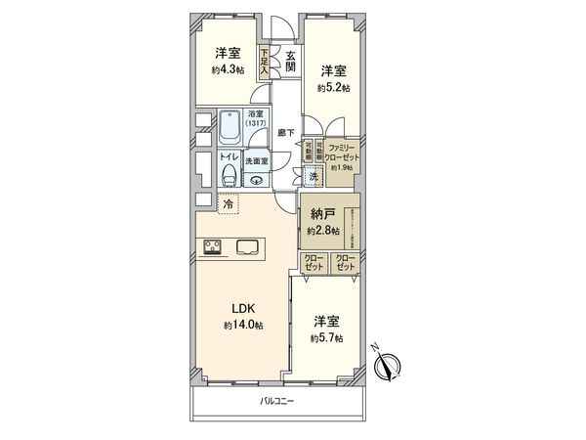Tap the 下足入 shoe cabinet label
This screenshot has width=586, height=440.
pos(264,65)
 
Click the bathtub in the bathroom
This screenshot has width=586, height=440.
pos(230,127)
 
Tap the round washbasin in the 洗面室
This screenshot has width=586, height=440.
pos(256,178)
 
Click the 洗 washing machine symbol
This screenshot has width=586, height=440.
pos(312,177)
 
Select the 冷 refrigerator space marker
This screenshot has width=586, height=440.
pos(229,205)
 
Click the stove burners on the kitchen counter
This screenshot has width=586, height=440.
pos(214,246)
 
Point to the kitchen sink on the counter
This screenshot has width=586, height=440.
pos(246,246)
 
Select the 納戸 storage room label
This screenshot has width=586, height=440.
pos(321,213)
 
